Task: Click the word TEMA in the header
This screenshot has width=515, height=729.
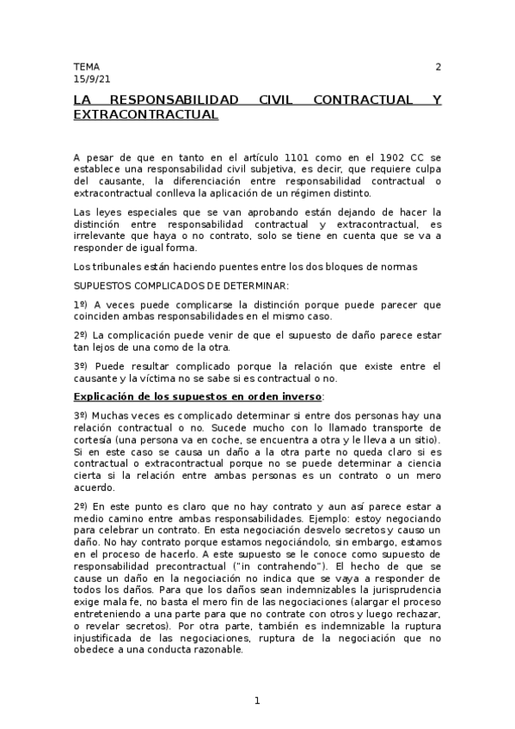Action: coord(87,66)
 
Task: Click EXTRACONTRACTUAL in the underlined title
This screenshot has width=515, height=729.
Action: coord(146,113)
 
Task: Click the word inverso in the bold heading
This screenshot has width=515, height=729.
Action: coord(298,396)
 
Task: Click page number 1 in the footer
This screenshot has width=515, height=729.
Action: coord(257,701)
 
